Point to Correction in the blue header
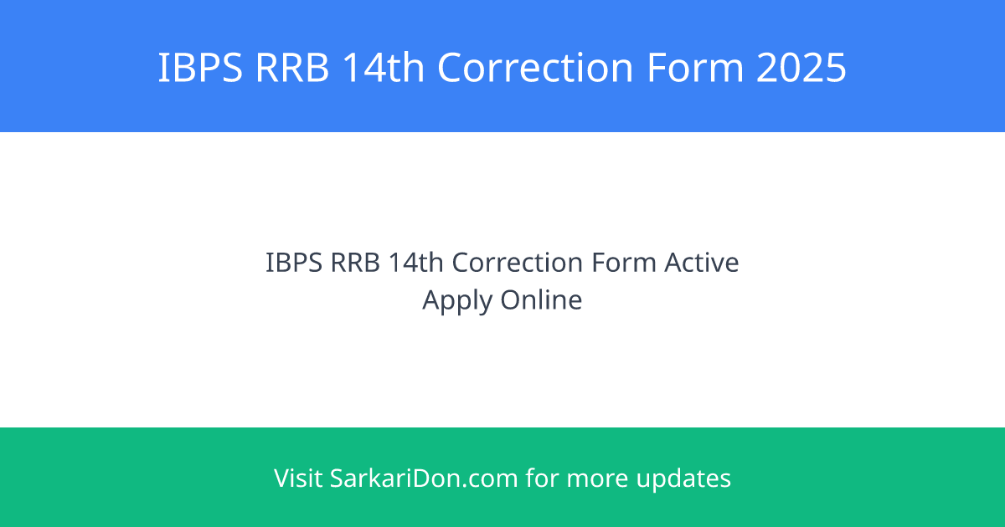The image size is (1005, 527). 535,68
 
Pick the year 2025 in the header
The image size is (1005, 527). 801,68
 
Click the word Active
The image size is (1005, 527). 702,263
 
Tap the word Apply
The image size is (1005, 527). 458,299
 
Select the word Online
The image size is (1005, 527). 542,299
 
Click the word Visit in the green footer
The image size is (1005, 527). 298,478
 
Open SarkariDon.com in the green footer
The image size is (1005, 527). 424,478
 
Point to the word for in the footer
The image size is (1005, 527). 541,478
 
